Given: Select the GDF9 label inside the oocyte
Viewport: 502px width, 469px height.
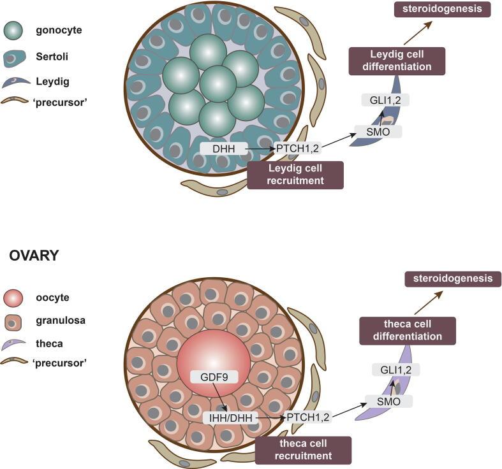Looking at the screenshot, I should [x=214, y=377].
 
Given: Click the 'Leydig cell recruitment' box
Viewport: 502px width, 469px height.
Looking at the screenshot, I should [x=295, y=175].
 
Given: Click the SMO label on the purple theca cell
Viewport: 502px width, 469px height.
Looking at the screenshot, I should [x=388, y=401].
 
